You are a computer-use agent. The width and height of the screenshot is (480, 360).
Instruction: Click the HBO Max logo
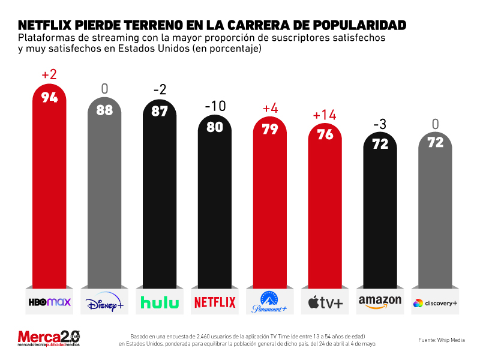(49, 302)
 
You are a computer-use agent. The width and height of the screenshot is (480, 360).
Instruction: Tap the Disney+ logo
(104, 302)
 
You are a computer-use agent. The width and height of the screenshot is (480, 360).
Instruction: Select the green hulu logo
(159, 302)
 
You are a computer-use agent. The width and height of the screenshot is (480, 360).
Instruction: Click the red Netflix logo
(215, 302)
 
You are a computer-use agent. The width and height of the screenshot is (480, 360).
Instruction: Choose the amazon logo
(380, 302)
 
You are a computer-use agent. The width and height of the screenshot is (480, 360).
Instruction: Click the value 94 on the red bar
(49, 97)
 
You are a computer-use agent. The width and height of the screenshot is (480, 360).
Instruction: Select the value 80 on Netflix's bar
(215, 127)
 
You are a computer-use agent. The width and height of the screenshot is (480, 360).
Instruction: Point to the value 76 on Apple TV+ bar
(325, 135)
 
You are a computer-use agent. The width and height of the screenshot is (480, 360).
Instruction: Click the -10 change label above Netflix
(215, 107)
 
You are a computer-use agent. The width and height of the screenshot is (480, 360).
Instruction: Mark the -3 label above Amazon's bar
(380, 124)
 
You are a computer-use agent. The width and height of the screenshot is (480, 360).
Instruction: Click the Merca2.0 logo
(49, 338)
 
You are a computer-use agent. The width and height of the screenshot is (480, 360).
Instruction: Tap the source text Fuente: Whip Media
(440, 340)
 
